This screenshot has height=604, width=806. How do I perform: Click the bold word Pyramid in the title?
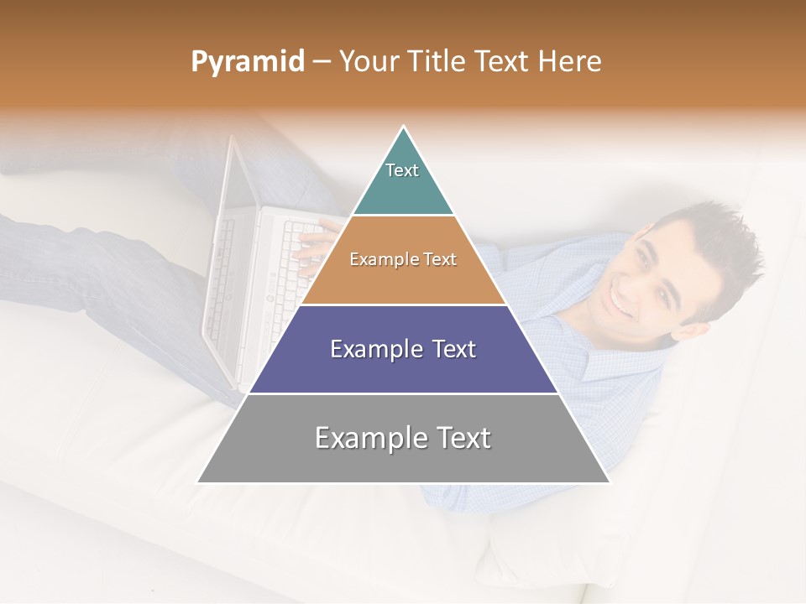coord(247,62)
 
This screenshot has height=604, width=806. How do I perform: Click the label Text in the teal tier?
coord(402,170)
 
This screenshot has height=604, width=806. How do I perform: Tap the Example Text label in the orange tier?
coord(403,260)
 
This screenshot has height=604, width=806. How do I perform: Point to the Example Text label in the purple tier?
coord(403,349)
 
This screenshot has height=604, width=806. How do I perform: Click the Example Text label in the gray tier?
coord(403,438)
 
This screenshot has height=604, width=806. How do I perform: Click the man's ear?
coord(687,330)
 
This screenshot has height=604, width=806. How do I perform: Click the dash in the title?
coord(322,62)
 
